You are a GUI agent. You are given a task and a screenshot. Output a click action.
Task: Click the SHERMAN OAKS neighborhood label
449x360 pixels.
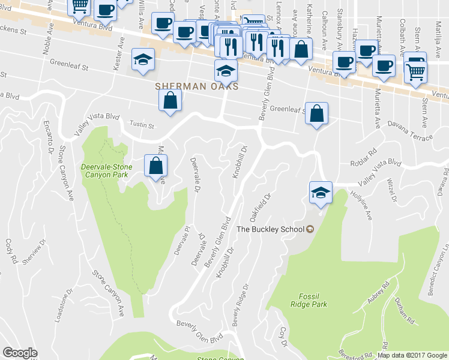[x=197, y=86]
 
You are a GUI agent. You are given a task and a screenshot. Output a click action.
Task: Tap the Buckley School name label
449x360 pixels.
[x=271, y=229]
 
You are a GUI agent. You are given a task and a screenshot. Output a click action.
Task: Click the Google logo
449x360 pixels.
[x=20, y=353]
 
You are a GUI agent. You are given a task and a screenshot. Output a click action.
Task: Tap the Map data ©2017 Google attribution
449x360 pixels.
[x=412, y=355]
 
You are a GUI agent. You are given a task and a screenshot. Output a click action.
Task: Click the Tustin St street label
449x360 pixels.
[x=142, y=126]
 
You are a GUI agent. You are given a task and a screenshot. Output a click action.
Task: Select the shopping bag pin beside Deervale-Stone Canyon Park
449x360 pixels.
[x=155, y=166]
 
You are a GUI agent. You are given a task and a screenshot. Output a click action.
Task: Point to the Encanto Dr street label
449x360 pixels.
[x=49, y=137]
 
